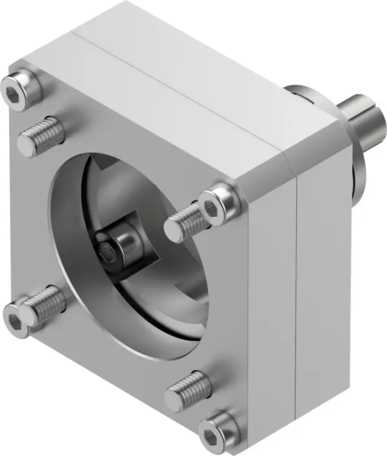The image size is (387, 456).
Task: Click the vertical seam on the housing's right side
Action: pos(296,290)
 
